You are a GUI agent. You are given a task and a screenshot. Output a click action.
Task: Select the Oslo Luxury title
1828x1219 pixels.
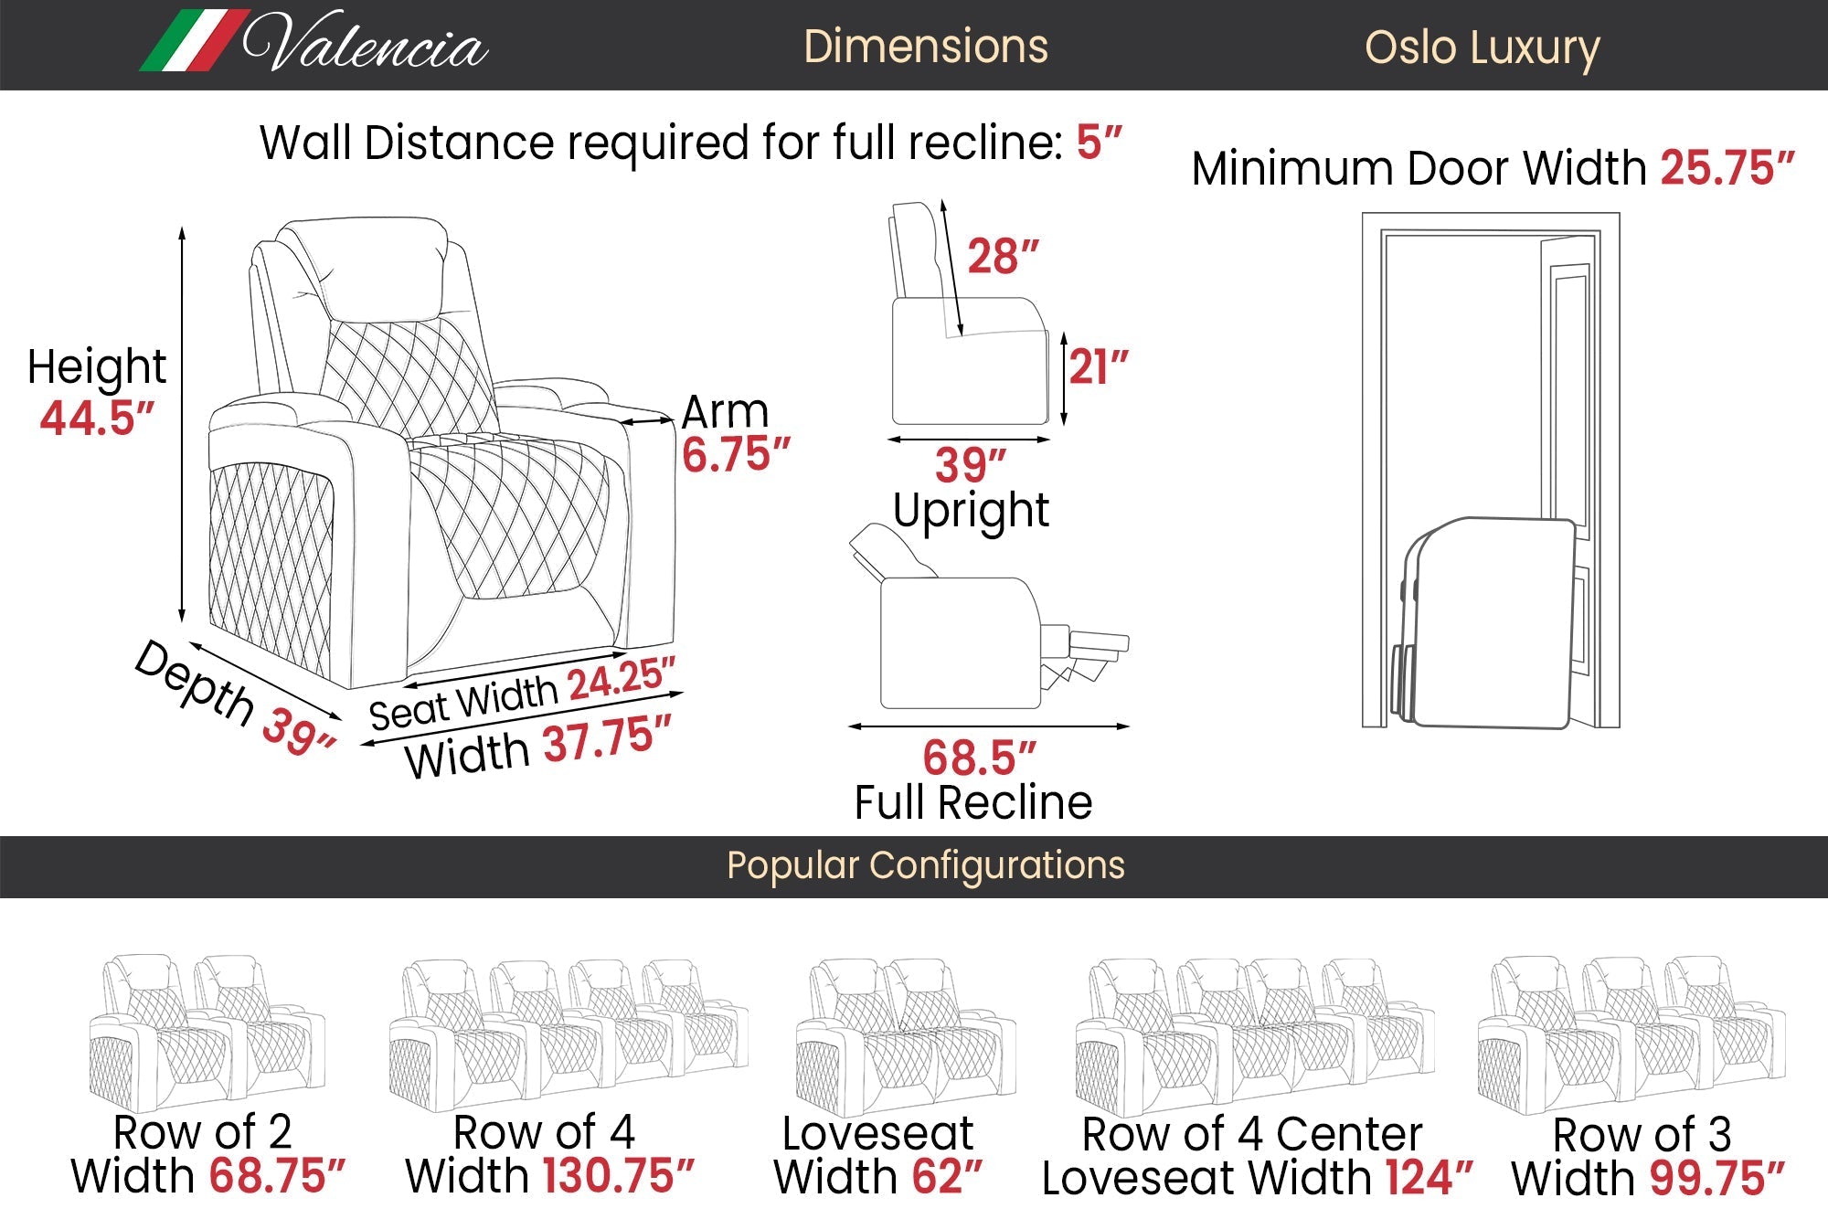click(1482, 48)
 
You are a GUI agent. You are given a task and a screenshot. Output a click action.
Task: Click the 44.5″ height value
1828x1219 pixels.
click(97, 418)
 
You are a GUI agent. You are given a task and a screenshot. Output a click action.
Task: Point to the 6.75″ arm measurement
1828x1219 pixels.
click(736, 454)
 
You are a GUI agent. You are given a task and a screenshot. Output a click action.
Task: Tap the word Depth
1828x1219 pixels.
click(194, 683)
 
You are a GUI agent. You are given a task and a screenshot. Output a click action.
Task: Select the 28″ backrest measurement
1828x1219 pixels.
click(1003, 257)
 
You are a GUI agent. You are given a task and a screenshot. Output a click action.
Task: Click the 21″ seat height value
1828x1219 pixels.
click(1098, 367)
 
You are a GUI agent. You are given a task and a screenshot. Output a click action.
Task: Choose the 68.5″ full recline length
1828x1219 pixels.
click(979, 758)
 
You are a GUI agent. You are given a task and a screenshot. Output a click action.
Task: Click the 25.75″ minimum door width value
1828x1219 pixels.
click(1727, 169)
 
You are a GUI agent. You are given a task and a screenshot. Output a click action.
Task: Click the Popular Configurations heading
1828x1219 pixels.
click(925, 865)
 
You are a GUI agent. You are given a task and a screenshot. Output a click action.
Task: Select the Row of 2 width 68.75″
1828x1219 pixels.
click(277, 1176)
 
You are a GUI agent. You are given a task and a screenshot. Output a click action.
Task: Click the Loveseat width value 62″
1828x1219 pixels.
click(947, 1177)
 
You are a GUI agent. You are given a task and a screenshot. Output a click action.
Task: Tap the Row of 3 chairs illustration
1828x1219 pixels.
click(1631, 1033)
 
